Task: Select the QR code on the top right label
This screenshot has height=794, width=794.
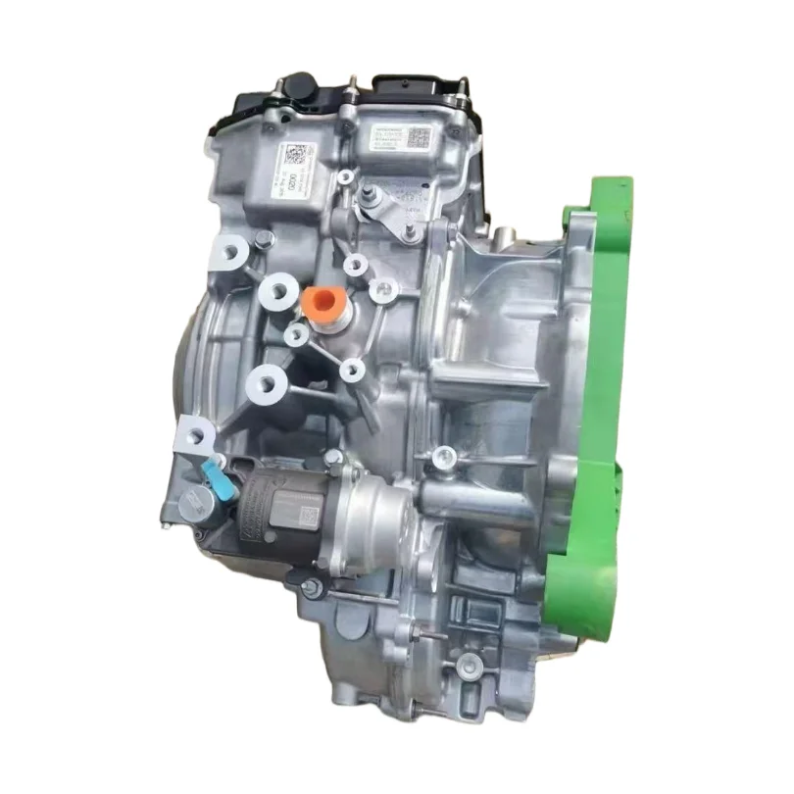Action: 418,137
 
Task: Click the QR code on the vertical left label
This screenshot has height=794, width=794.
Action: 295,155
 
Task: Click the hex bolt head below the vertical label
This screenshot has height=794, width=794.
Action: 262,239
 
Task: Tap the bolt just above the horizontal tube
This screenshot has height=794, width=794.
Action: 444,456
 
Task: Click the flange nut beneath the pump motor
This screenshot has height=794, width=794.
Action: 312,588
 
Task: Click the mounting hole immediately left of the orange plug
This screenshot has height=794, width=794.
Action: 278,291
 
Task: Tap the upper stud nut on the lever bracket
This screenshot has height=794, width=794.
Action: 369,193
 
